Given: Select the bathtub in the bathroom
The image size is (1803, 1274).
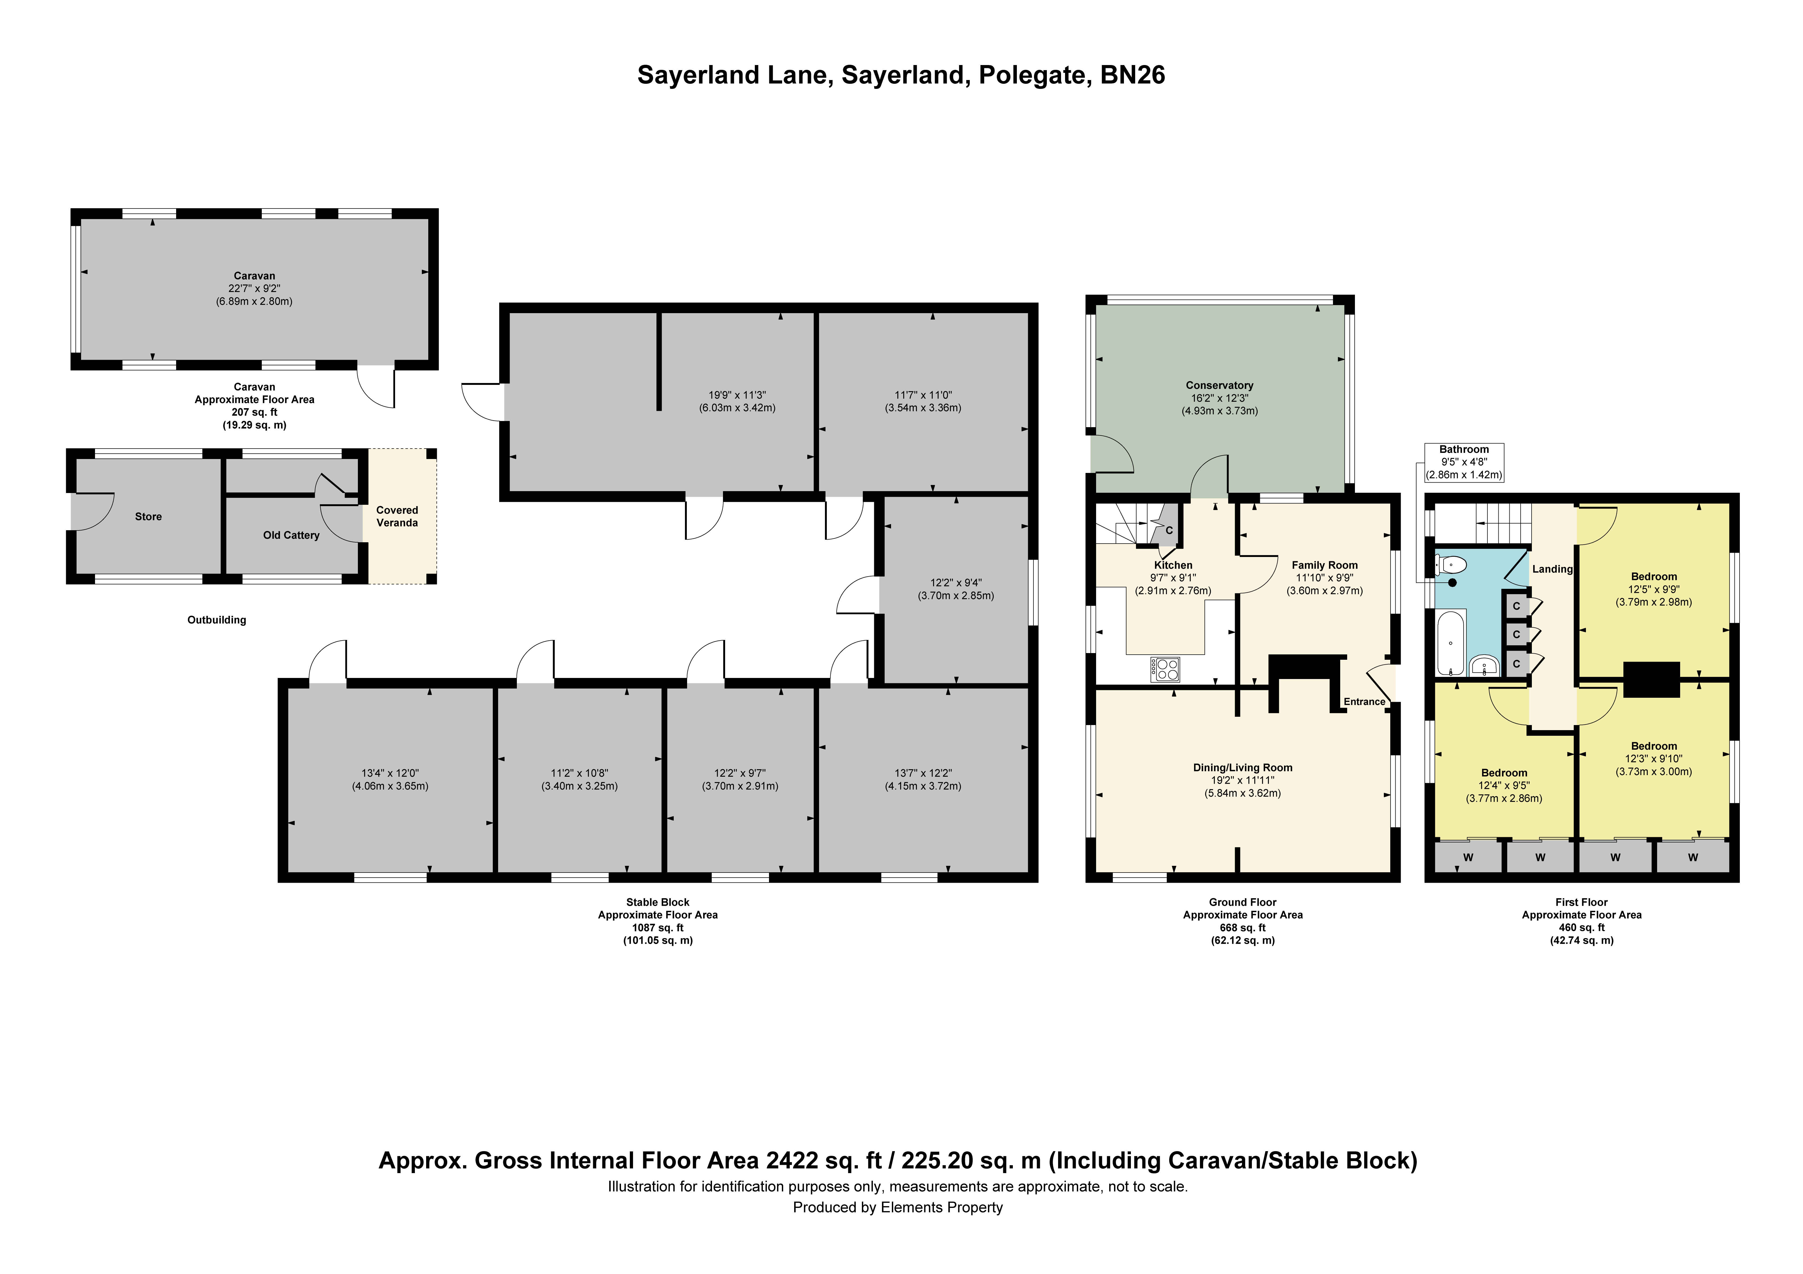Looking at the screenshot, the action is point(1450,644).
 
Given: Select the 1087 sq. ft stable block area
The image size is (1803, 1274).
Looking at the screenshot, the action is point(658,928).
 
